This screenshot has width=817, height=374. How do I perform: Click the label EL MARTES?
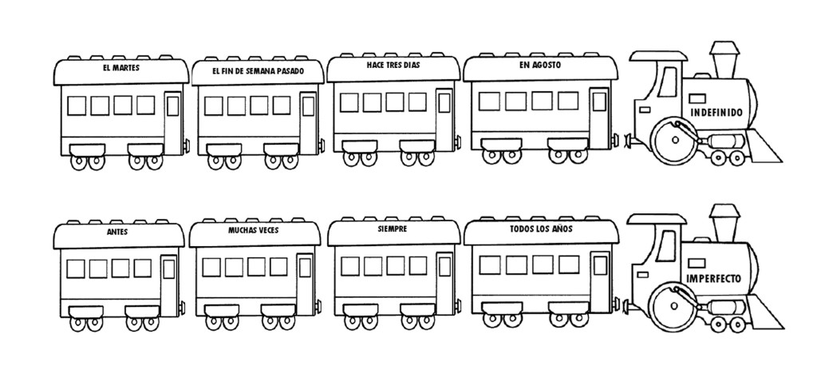121,68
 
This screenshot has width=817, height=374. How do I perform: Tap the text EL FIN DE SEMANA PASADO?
253,70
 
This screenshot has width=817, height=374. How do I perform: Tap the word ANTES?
117,232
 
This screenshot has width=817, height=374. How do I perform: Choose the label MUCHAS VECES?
253,229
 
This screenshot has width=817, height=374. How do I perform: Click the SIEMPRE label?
393,228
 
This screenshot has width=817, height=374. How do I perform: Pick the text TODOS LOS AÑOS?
541,229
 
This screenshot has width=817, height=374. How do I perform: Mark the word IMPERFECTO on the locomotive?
713,279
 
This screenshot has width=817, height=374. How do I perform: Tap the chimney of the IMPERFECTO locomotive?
724,223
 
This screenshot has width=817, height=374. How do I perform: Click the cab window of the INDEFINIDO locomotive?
668,82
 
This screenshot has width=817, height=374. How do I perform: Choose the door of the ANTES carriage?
169,279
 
